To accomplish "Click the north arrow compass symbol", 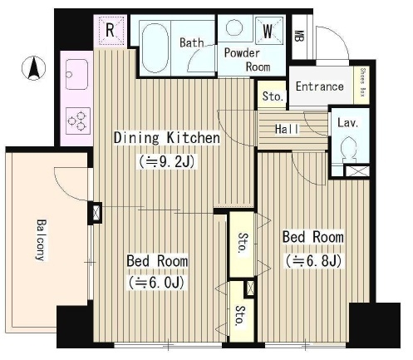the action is coord(33,68).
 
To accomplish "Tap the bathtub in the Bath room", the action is coord(155,48).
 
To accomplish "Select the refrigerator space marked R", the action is coord(110,30).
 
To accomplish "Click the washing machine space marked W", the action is coord(268,31).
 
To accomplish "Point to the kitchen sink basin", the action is coord(76,74).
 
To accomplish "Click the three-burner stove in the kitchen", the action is coord(78,121).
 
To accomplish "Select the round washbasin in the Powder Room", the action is coord(234,27).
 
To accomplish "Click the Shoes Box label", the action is coord(362,82).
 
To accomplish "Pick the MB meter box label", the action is coord(298,36).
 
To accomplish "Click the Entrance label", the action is coord(320,86).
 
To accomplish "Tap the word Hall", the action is coord(287,129).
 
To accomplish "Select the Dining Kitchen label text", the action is coord(167,138).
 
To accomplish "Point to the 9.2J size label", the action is coord(167,162).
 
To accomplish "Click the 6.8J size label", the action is coord(313,261).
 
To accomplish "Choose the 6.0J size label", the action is coord(156,283).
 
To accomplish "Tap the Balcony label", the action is coord(42,240).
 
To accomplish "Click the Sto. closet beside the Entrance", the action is coord(273,96).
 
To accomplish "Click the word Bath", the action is coord(192,42).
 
